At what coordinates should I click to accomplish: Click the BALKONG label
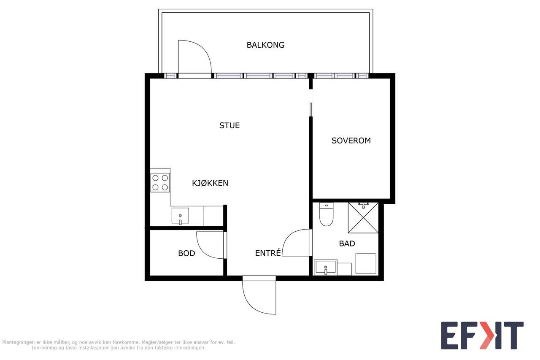point(265,45)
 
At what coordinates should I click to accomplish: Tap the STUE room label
point(229,125)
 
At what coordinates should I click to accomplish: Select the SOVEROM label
point(351,141)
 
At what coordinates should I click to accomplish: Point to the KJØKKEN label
point(210,183)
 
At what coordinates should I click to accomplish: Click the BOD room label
point(186,253)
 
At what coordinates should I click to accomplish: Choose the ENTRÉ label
point(268,253)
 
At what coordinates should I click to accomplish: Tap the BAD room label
point(347,244)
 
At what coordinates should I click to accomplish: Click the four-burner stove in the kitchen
point(160,182)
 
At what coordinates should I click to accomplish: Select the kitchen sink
point(180,216)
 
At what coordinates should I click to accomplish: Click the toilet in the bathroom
point(326,214)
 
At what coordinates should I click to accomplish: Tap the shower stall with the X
point(363,218)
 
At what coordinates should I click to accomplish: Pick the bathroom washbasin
point(325,268)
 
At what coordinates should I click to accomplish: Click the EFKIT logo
point(482,336)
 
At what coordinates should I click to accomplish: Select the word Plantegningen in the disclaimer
point(19,342)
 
